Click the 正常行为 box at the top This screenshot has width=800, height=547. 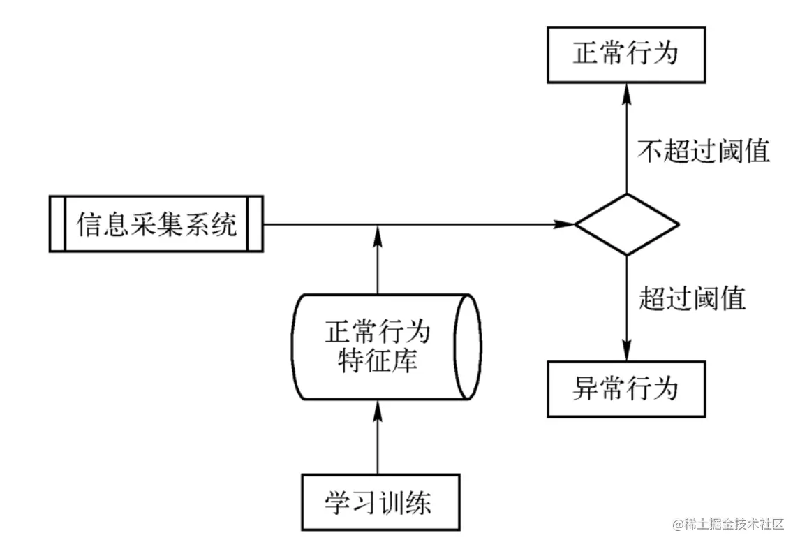pos(625,55)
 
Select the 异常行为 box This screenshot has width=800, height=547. pos(625,389)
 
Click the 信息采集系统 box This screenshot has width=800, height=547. pos(156,224)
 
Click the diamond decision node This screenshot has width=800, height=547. pos(626,224)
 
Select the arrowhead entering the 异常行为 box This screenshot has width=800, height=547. pos(625,352)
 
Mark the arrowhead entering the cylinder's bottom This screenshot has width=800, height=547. pos(378,409)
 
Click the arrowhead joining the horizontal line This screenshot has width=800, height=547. pos(378,233)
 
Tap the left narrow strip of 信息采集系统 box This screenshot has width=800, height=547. pos(57,224)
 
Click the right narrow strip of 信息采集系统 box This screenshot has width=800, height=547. pos(255,224)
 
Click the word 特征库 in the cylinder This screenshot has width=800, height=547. pos(378,361)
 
